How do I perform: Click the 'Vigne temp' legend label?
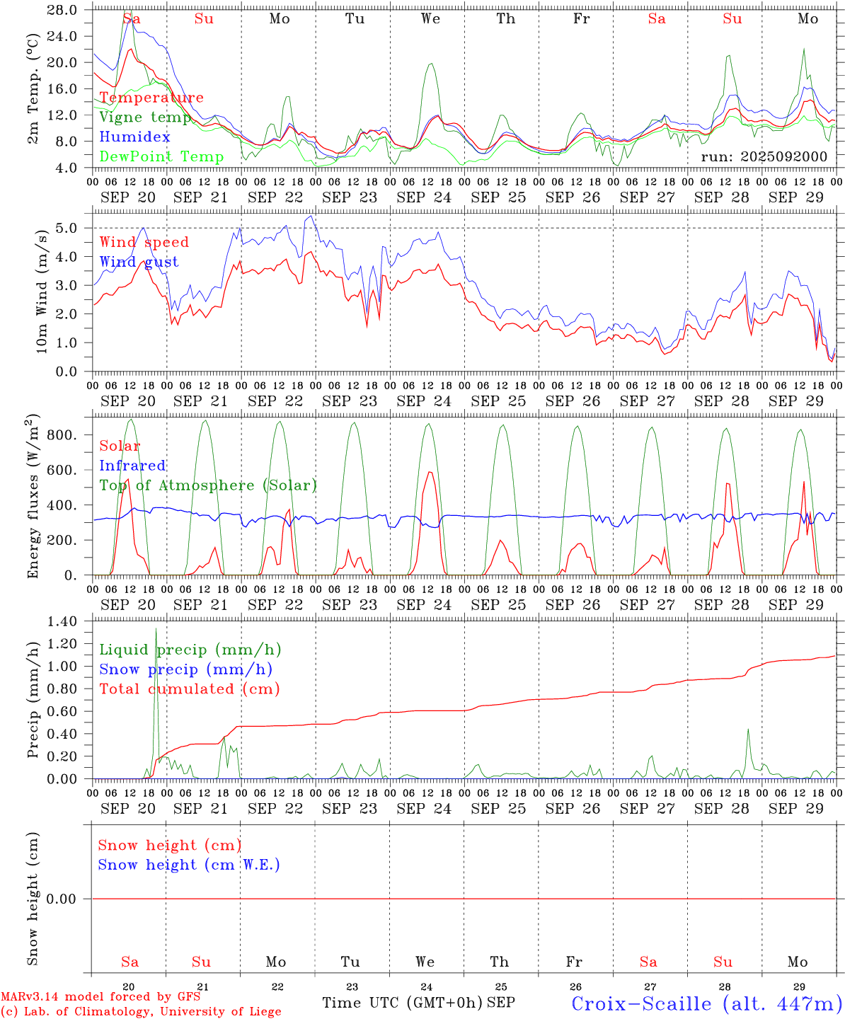point(145,117)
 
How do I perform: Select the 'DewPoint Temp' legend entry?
point(161,157)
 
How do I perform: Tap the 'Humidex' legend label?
point(134,137)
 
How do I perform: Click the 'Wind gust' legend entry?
point(139,262)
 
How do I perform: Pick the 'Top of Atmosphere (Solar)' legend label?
point(208,485)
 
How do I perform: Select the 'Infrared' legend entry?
point(132,466)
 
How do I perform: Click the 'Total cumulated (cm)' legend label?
point(189,689)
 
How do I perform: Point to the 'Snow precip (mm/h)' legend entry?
point(185,669)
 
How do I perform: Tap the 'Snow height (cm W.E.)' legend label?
point(189,865)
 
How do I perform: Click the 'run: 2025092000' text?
point(764,156)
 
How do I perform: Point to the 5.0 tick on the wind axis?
point(71,228)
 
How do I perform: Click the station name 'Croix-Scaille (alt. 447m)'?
point(706,1003)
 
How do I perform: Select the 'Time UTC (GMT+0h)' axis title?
point(402,1003)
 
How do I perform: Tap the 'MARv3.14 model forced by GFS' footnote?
point(100,997)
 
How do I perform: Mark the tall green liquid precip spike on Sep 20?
point(156,630)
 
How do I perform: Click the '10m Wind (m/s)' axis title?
point(42,290)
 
